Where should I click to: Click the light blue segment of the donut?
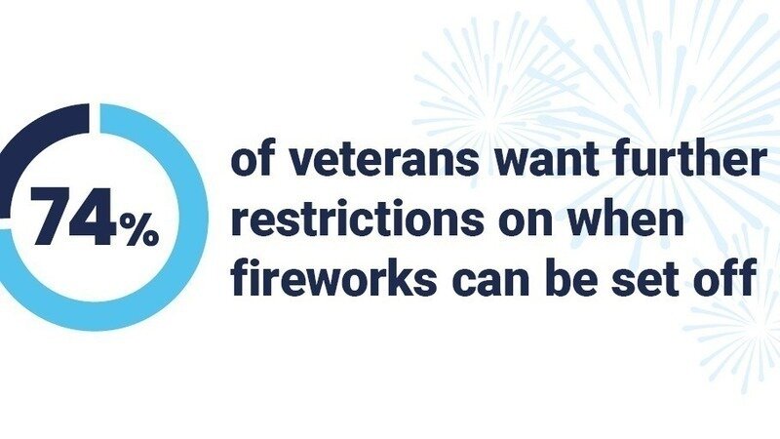[149, 249]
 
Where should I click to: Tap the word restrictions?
[357, 219]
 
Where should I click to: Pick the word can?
[489, 280]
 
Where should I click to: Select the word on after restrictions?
[526, 222]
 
